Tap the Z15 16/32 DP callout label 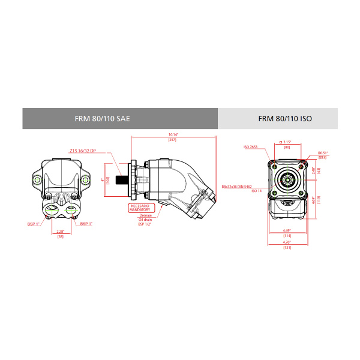point(83,151)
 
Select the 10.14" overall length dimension point(173,135)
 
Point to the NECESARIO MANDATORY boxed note point(139,208)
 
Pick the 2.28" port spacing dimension point(60,231)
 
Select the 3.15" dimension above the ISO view point(287,142)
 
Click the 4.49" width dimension point(287,232)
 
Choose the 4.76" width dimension point(287,243)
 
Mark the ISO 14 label point(257,191)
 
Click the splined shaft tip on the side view point(121,178)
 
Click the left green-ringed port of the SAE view point(52,209)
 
